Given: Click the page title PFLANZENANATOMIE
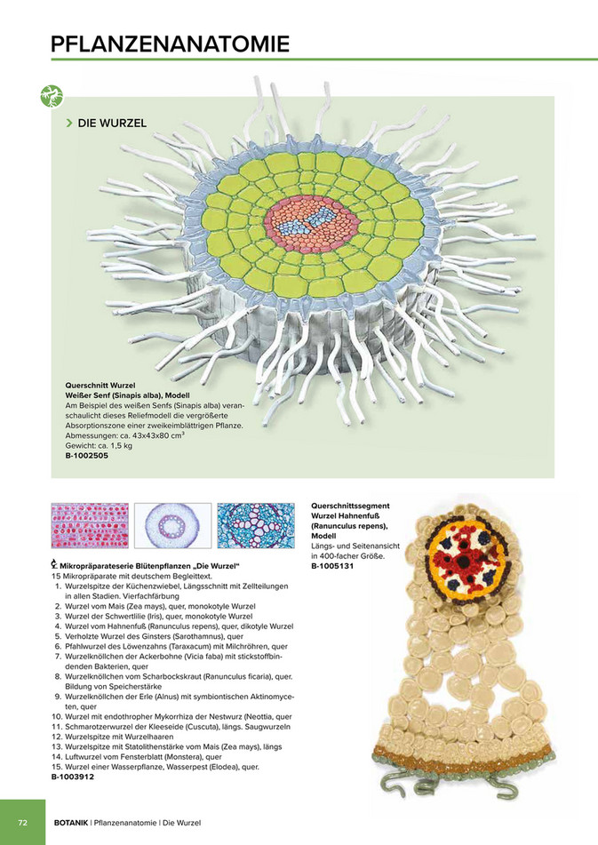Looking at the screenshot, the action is pyautogui.click(x=171, y=44).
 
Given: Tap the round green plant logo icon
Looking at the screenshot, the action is pyautogui.click(x=52, y=97).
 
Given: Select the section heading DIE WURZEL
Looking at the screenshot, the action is pyautogui.click(x=112, y=123).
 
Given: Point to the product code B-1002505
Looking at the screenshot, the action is pyautogui.click(x=87, y=455).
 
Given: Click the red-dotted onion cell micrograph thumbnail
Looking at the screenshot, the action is pyautogui.click(x=90, y=525).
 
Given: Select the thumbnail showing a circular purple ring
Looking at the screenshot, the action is pyautogui.click(x=173, y=525).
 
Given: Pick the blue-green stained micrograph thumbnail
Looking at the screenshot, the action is pyautogui.click(x=256, y=525).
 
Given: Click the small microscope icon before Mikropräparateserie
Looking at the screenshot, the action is pyautogui.click(x=54, y=566).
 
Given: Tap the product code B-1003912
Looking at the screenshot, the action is pyautogui.click(x=73, y=777).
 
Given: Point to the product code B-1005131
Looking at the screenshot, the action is pyautogui.click(x=332, y=566).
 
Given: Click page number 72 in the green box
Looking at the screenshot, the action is pyautogui.click(x=22, y=823).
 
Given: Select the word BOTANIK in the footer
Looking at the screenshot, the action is pyautogui.click(x=71, y=823).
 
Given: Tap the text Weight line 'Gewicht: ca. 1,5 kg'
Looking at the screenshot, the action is pyautogui.click(x=99, y=446).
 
